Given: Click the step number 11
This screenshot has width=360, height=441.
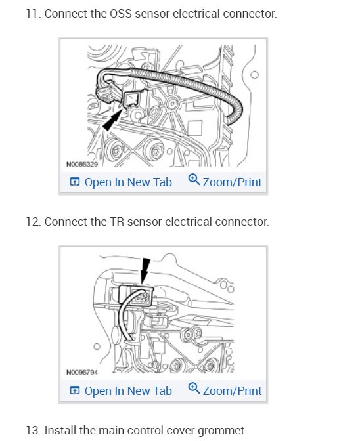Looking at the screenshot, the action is (34, 14).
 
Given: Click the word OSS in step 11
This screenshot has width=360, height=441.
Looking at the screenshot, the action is (120, 14).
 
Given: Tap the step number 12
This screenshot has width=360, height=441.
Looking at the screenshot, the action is (34, 222).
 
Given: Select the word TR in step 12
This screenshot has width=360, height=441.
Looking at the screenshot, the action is (117, 222).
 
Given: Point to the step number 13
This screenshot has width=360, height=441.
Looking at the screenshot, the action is (34, 430).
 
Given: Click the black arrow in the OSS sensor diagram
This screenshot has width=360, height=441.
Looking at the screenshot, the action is (112, 120).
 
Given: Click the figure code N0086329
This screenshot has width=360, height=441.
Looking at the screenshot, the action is (82, 164).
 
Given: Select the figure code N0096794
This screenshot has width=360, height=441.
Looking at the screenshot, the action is (82, 372).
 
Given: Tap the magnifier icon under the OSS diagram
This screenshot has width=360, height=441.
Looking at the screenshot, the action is (194, 180).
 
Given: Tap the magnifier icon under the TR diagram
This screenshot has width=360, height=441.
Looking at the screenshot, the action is (194, 388).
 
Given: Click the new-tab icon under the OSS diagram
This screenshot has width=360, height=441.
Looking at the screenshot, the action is (75, 182).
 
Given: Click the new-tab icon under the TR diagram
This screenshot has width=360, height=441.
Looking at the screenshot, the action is (75, 390).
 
